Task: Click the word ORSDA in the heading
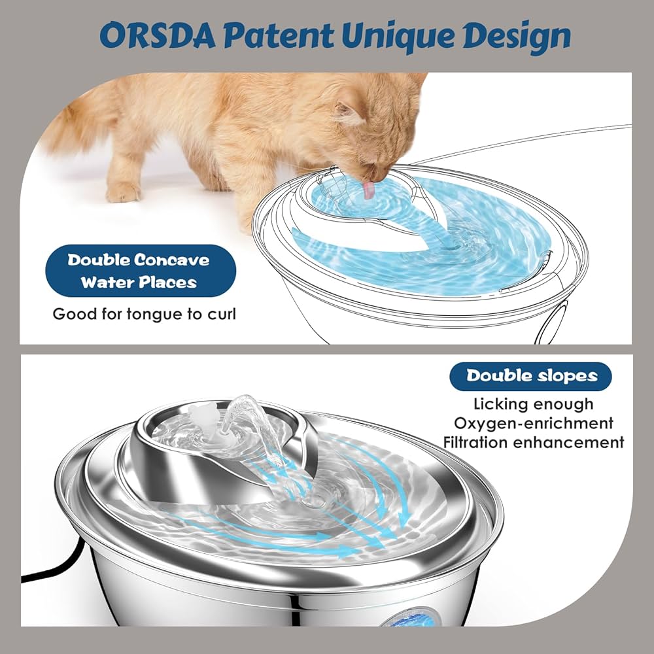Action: coord(150,37)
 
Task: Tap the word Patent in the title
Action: coord(285,37)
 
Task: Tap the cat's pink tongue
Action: coord(370,190)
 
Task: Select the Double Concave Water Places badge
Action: coord(140,271)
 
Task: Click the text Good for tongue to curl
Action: coord(144,314)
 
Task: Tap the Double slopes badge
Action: coord(531,376)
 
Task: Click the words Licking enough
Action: coord(533,404)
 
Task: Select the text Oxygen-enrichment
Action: coord(533,423)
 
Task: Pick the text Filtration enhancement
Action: coord(533,443)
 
